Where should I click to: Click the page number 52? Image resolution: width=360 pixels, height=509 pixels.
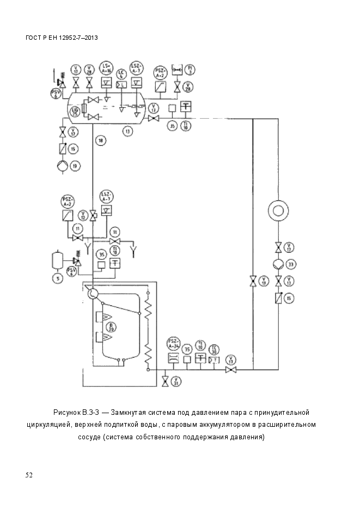pos(29,475)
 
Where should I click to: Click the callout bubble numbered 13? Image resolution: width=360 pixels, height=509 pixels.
pos(127,131)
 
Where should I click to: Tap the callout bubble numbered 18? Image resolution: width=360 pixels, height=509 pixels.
pos(100,141)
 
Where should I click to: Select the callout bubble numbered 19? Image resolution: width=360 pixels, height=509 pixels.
pos(75,165)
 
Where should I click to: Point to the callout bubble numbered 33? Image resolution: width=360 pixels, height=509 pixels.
pos(291,264)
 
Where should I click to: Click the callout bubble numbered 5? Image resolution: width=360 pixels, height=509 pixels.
pos(57,278)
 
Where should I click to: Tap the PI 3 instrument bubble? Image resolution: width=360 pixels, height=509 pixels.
pos(190,69)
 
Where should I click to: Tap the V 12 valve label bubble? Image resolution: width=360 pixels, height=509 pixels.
pos(83,214)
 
